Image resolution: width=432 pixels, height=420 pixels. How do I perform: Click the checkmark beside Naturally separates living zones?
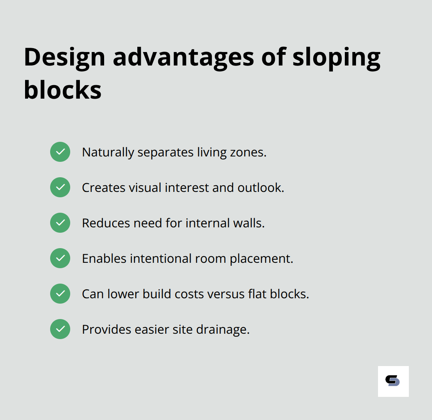(x=60, y=152)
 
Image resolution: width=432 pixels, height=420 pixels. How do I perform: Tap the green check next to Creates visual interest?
(x=60, y=187)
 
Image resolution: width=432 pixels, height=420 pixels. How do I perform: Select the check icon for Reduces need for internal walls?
(x=60, y=223)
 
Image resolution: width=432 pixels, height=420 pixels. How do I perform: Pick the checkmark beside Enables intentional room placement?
(x=60, y=258)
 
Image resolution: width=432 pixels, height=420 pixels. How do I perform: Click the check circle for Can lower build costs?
(x=60, y=294)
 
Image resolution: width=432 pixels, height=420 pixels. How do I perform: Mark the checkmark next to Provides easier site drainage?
(x=60, y=329)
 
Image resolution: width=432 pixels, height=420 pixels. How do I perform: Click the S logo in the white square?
(x=393, y=381)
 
